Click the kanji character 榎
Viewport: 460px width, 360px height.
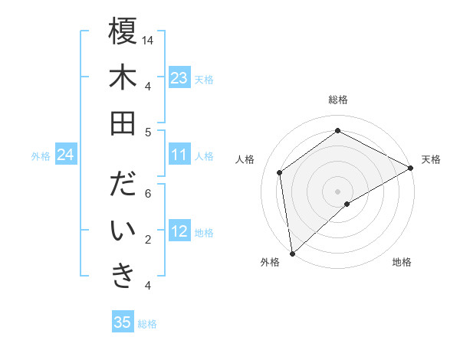click(123, 32)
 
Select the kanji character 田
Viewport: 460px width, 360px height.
click(123, 123)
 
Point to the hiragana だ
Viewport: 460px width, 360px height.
click(123, 186)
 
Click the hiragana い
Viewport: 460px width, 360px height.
click(123, 231)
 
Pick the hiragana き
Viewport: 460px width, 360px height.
click(123, 277)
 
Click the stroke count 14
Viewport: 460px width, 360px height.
click(148, 39)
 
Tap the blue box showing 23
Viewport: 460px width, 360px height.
click(179, 78)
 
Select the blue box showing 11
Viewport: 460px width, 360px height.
click(179, 155)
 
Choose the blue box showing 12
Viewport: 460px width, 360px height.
click(179, 232)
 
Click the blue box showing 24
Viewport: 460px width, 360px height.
click(66, 155)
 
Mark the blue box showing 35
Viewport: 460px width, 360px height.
click(123, 322)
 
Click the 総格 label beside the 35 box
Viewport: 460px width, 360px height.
click(147, 324)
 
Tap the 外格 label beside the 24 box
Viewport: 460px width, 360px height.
click(41, 156)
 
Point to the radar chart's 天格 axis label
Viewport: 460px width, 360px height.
click(431, 159)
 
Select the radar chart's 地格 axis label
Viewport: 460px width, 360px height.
click(402, 262)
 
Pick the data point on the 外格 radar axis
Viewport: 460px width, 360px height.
click(292, 253)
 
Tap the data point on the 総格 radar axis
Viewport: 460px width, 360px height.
click(337, 130)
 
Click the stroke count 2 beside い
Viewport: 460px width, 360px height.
click(148, 239)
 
